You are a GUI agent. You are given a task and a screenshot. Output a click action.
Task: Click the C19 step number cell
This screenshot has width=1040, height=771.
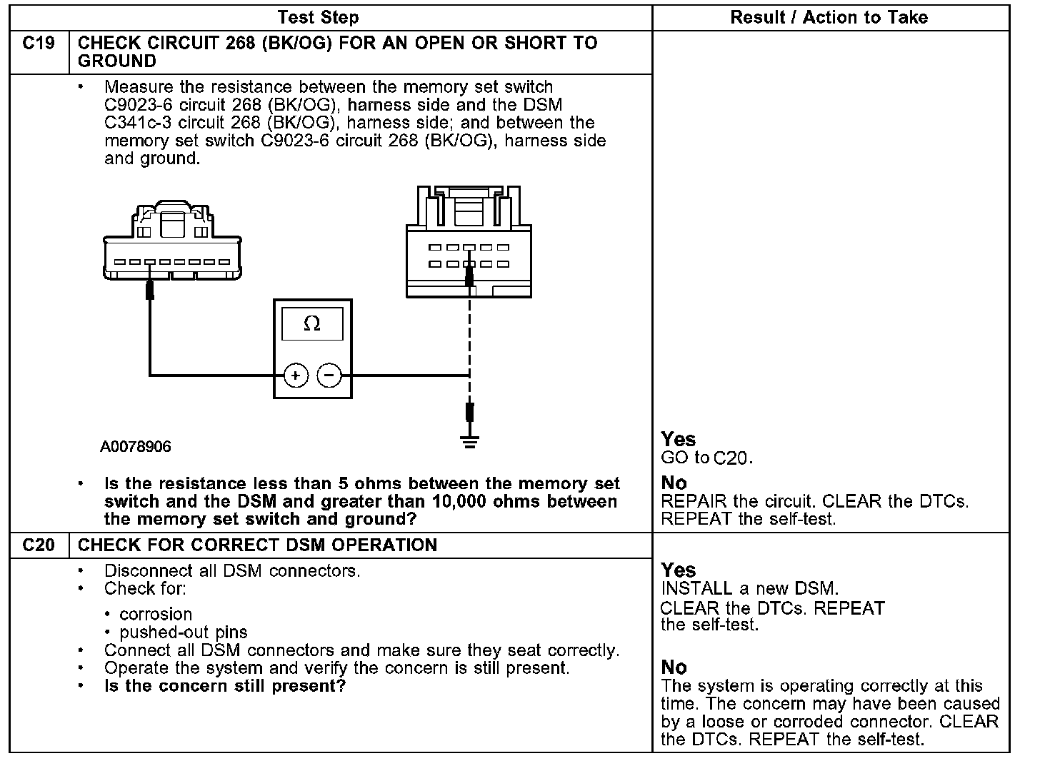click(x=39, y=44)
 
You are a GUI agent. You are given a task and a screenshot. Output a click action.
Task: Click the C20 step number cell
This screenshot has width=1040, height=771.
click(x=39, y=545)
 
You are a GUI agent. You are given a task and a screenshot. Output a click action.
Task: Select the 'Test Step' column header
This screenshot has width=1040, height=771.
click(x=318, y=17)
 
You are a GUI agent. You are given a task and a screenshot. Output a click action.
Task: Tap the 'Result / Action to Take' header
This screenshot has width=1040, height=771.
click(x=829, y=17)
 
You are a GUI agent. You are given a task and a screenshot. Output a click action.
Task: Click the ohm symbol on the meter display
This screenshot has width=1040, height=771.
click(x=312, y=324)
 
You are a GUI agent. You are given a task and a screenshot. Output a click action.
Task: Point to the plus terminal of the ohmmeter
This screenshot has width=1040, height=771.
click(x=296, y=376)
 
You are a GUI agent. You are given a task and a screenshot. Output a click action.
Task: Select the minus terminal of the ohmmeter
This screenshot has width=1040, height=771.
click(x=329, y=376)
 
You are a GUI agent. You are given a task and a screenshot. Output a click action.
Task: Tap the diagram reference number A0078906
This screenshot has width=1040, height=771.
click(x=136, y=447)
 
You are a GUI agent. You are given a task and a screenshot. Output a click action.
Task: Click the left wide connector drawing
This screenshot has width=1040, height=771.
click(x=171, y=246)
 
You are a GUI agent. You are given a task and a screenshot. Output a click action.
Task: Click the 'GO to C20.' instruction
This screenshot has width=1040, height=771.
click(x=706, y=458)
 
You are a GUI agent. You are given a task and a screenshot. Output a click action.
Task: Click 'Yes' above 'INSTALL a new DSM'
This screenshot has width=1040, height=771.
click(x=678, y=570)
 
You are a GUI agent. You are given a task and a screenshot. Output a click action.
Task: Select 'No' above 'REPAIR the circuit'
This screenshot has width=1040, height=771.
click(x=674, y=483)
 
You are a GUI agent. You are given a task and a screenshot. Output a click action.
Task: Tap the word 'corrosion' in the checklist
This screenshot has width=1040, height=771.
click(x=156, y=614)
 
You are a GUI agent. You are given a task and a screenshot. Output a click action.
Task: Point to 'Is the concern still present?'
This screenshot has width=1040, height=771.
click(x=225, y=687)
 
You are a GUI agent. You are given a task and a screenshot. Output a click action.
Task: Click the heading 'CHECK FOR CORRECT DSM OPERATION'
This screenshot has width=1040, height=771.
click(x=257, y=545)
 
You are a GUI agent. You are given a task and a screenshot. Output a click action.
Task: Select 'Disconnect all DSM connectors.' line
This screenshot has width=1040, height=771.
click(x=232, y=571)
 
